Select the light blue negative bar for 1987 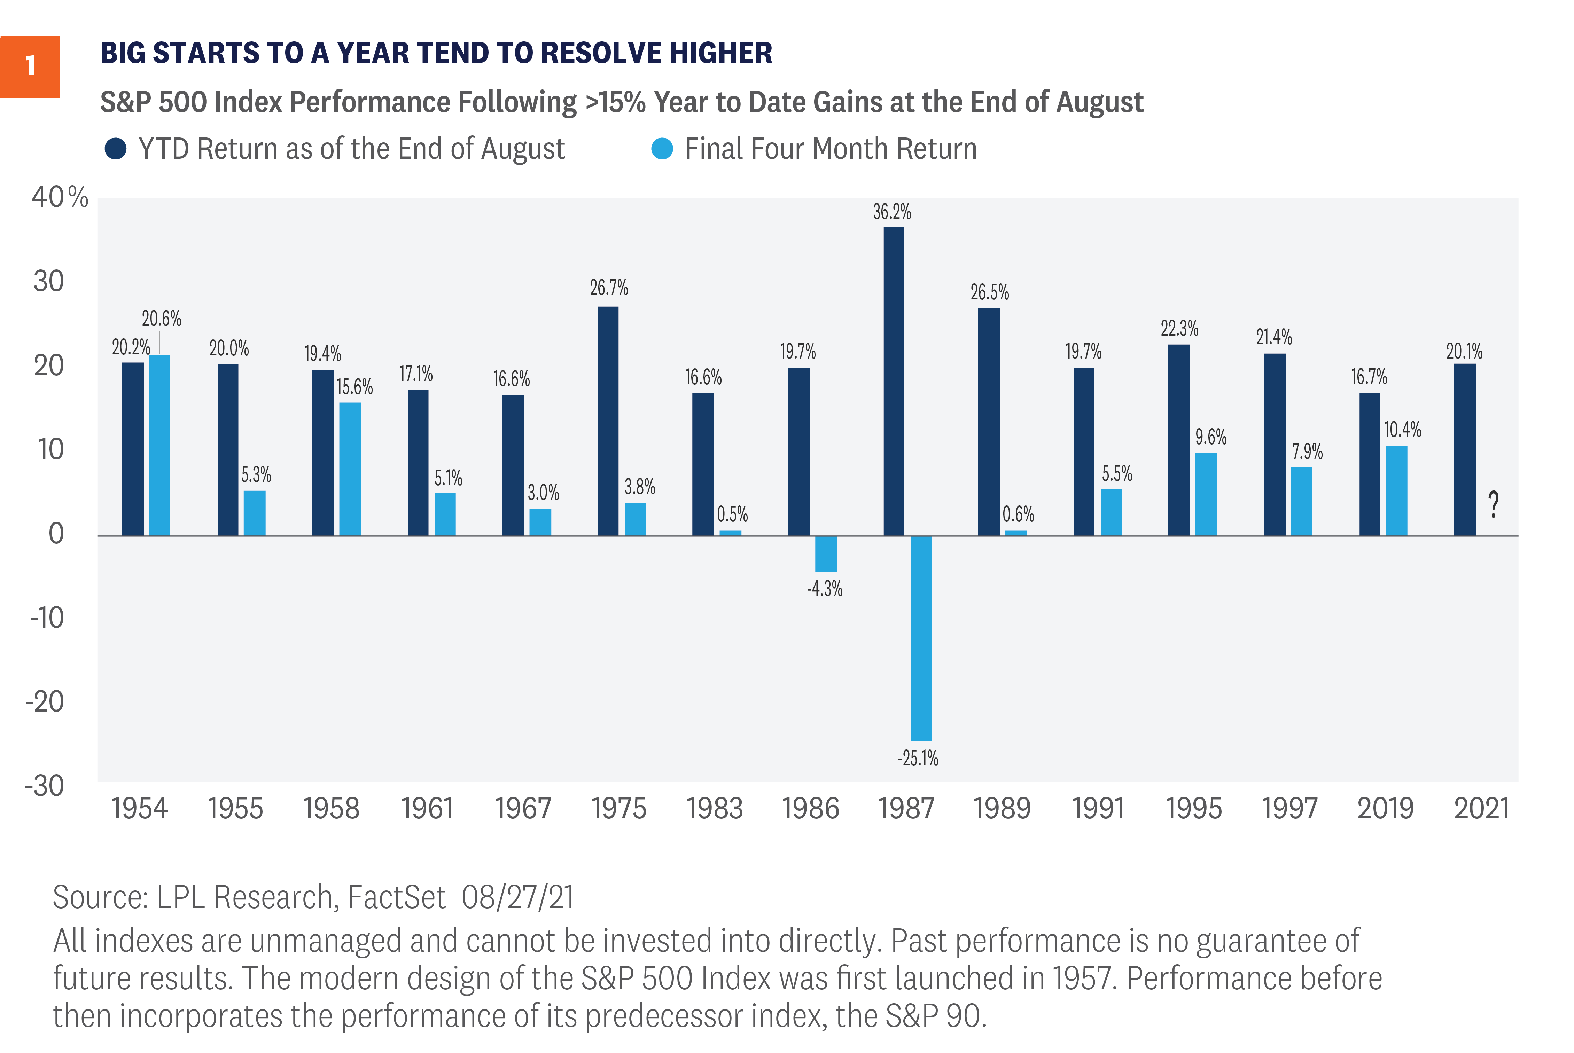[x=921, y=638]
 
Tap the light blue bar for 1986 [x=826, y=553]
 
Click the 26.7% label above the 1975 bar [x=609, y=288]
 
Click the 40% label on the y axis [x=60, y=197]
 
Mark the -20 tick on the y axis [x=45, y=702]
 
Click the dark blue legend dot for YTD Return [x=116, y=148]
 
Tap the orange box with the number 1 [x=30, y=66]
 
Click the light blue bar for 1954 [x=159, y=445]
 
